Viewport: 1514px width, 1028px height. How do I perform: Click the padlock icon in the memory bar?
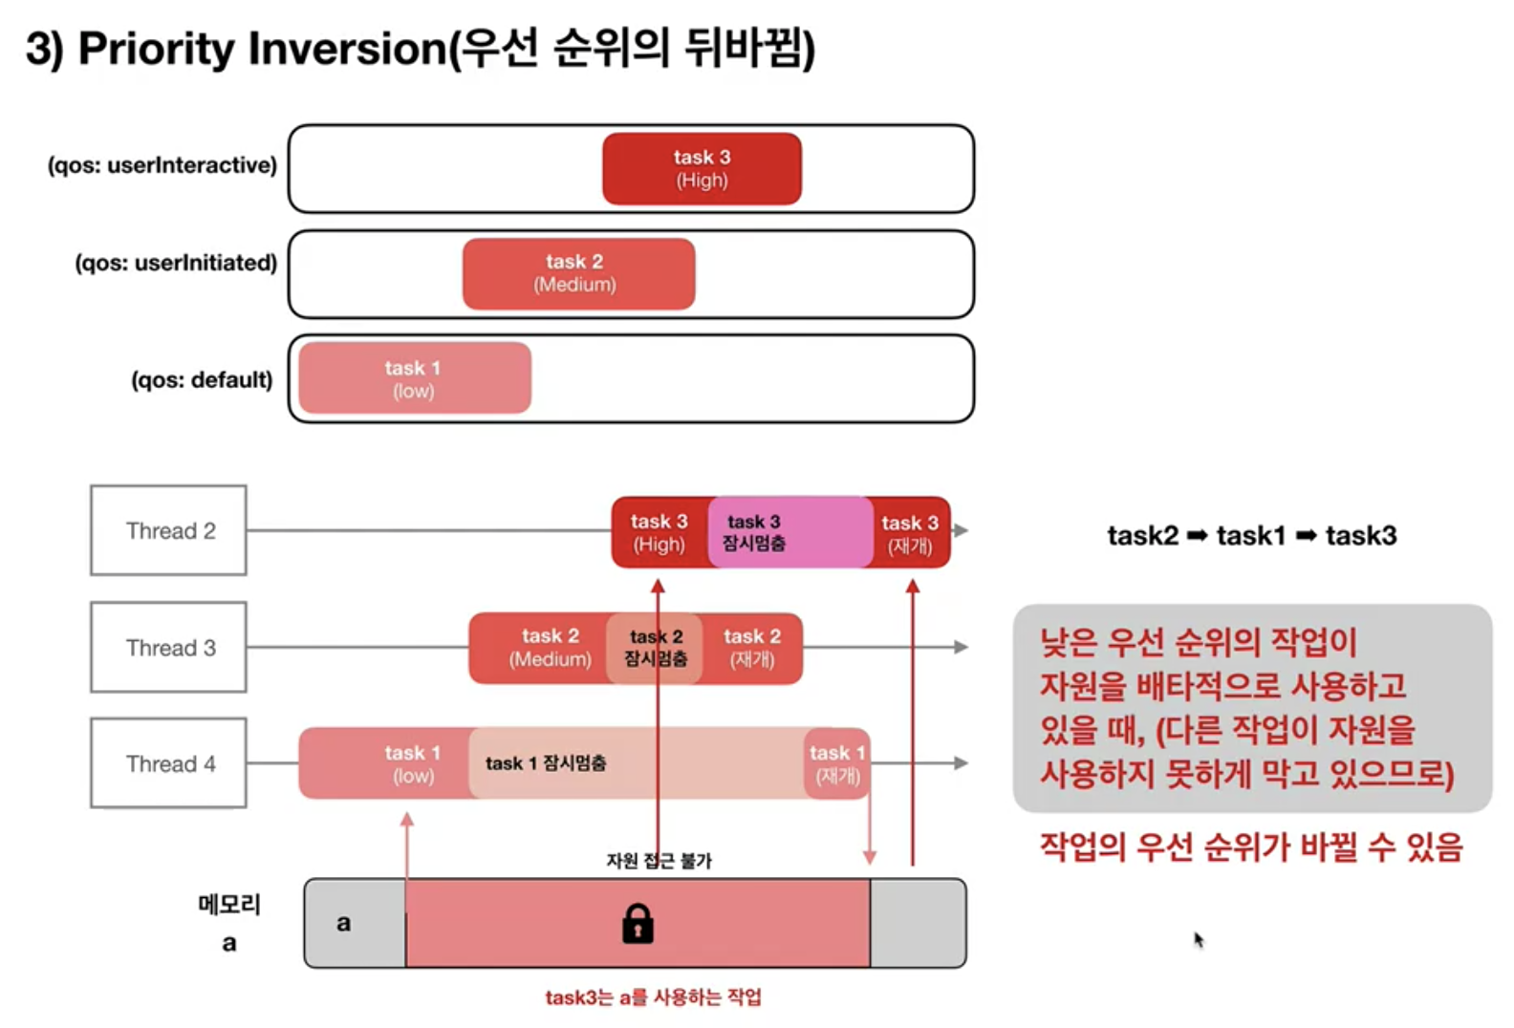(638, 923)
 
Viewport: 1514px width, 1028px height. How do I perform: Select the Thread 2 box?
(168, 530)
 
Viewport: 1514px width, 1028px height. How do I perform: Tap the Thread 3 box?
(168, 647)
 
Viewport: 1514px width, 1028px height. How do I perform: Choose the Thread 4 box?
(168, 763)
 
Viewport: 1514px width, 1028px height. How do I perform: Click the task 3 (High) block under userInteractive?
(702, 169)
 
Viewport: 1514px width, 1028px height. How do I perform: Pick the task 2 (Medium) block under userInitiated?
(578, 273)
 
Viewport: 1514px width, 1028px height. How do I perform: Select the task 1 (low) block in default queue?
(414, 378)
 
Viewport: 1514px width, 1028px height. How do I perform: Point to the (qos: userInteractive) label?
(162, 165)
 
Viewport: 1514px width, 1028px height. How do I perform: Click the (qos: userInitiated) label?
(176, 264)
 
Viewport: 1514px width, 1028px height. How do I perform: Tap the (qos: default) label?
(202, 380)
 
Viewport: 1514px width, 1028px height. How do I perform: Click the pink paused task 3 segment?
(790, 532)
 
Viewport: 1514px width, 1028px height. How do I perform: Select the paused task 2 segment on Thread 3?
(655, 649)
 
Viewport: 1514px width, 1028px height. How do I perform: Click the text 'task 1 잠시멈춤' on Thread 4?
(546, 764)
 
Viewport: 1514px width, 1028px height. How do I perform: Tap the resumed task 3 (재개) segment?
(911, 533)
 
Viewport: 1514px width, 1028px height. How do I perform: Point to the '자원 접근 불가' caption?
(659, 861)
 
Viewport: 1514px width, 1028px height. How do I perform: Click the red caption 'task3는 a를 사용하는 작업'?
(653, 997)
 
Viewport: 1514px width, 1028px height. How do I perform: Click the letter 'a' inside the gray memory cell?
(343, 923)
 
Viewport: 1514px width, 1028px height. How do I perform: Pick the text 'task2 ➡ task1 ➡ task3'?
(1252, 536)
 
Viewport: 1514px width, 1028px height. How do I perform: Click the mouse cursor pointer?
(1199, 939)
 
